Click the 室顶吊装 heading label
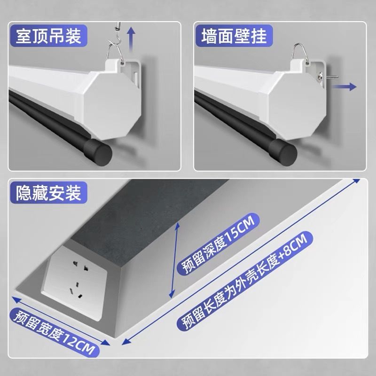[49, 36]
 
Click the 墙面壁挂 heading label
[234, 36]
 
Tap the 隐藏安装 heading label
[49, 193]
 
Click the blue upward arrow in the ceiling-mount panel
[131, 39]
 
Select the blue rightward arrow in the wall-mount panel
[344, 86]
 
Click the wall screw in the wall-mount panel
[327, 77]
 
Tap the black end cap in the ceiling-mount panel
[98, 151]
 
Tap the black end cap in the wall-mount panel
[283, 151]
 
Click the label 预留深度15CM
[219, 244]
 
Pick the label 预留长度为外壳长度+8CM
[244, 281]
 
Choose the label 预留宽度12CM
[55, 333]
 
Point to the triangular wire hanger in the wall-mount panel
[300, 53]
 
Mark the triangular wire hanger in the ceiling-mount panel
[115, 53]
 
